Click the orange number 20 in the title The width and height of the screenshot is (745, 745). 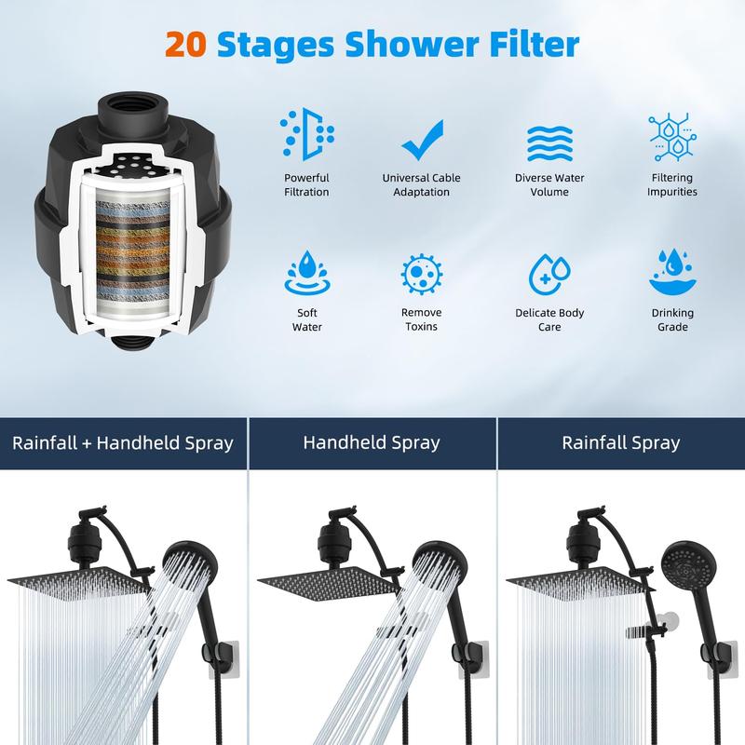pyautogui.click(x=185, y=45)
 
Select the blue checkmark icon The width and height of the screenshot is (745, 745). pyautogui.click(x=423, y=140)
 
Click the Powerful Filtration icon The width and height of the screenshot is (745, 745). pyautogui.click(x=307, y=134)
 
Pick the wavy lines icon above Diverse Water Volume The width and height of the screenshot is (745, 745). pyautogui.click(x=549, y=143)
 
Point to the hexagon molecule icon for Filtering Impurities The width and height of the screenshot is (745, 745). pyautogui.click(x=672, y=137)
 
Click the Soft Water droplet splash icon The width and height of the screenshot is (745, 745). pyautogui.click(x=307, y=273)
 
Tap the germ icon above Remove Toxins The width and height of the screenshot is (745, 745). pyautogui.click(x=422, y=275)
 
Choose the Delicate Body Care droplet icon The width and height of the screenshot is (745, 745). pyautogui.click(x=549, y=274)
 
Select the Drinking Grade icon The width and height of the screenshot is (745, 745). pyautogui.click(x=672, y=272)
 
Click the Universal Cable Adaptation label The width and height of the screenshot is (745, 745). pyautogui.click(x=422, y=184)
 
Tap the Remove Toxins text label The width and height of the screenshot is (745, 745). pyautogui.click(x=422, y=319)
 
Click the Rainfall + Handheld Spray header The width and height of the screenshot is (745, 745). pyautogui.click(x=123, y=443)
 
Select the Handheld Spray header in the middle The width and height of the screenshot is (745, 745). pyautogui.click(x=372, y=442)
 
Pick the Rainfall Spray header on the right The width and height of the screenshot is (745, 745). pyautogui.click(x=621, y=442)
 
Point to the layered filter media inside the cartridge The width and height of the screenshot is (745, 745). pyautogui.click(x=133, y=251)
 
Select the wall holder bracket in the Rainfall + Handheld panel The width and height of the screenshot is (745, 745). pyautogui.click(x=223, y=658)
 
